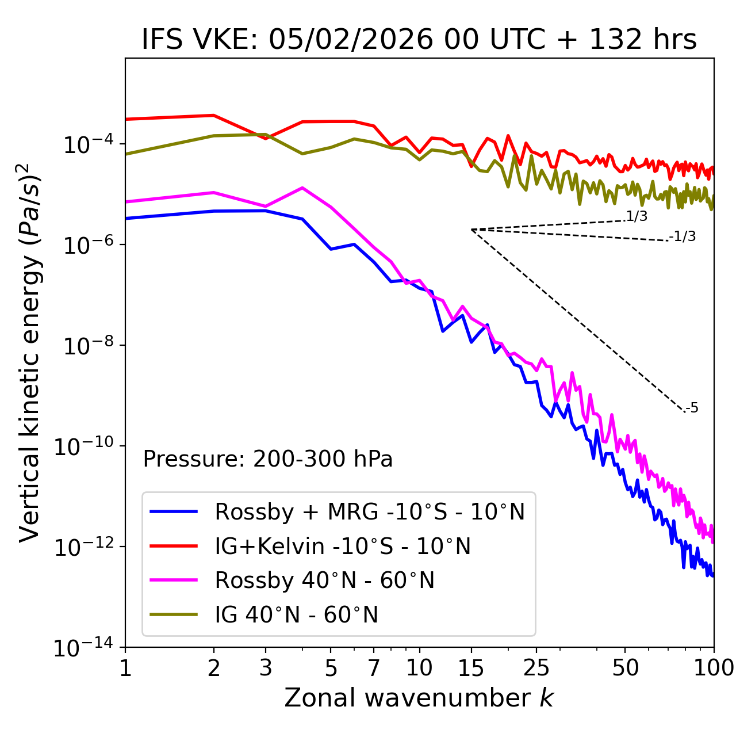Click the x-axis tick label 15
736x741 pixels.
pos(471,667)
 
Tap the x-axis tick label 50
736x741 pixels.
pos(625,667)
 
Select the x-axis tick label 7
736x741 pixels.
pos(374,667)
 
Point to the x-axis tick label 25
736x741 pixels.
pos(536,667)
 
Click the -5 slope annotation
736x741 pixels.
pos(692,408)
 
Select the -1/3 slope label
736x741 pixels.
pos(683,236)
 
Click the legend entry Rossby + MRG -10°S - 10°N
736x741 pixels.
pos(370,511)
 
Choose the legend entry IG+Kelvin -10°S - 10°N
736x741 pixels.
pos(343,546)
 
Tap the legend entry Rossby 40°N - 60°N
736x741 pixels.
pos(324,580)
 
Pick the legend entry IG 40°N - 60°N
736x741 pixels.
pos(297,615)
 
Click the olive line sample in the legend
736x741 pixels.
pos(174,614)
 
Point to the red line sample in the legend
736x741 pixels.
pos(174,545)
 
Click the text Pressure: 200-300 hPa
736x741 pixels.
pos(268,459)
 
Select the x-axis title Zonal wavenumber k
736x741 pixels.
pos(419,698)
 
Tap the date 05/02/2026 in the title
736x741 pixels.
pos(351,40)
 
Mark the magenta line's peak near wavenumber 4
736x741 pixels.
pos(302,188)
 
